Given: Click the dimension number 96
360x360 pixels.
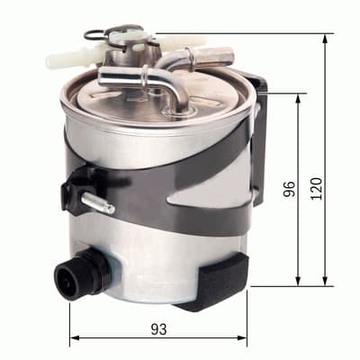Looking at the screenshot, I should point(289,189).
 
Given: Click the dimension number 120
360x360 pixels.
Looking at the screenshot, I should point(315,188).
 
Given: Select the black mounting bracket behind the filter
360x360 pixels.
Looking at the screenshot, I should point(258,135).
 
